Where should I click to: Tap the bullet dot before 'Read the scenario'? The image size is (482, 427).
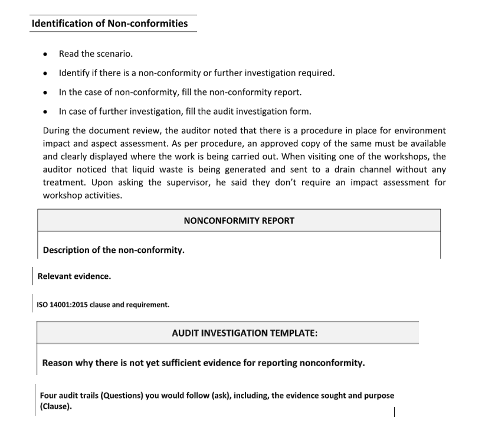click(x=45, y=54)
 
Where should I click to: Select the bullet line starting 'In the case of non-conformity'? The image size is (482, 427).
click(x=180, y=92)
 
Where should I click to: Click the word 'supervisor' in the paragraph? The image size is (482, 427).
click(x=181, y=182)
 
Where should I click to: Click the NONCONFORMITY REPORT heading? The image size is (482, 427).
click(x=238, y=220)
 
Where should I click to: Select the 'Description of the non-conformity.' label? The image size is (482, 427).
click(x=113, y=250)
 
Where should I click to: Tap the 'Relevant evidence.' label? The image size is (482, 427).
click(x=74, y=276)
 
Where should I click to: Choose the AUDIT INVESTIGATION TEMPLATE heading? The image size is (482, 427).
click(x=244, y=333)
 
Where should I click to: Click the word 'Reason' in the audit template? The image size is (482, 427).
click(x=58, y=363)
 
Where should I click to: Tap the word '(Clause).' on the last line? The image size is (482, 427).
click(x=55, y=406)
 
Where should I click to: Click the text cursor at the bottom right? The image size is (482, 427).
click(x=394, y=412)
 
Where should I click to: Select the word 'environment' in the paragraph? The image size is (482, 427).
click(x=421, y=130)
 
